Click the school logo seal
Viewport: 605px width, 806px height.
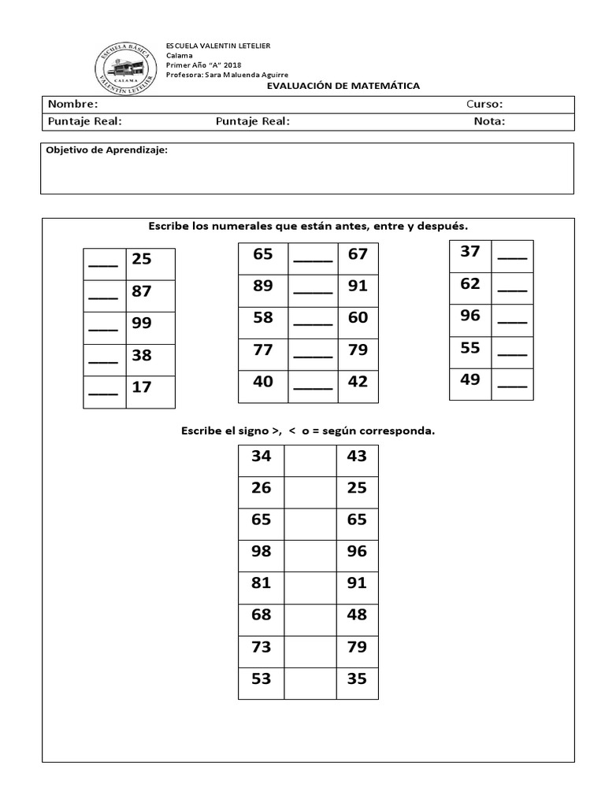click(125, 65)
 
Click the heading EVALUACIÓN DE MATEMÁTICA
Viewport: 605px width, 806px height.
click(343, 86)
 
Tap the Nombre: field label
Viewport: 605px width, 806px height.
click(72, 104)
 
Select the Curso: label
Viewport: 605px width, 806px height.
click(484, 104)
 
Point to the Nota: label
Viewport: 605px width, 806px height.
click(489, 121)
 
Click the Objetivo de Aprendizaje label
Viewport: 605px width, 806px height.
click(106, 150)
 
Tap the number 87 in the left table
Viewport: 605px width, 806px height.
click(142, 291)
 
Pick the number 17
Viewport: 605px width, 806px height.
click(142, 387)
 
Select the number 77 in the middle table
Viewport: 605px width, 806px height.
click(263, 349)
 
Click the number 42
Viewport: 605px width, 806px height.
click(358, 382)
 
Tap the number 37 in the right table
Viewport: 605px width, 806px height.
click(470, 252)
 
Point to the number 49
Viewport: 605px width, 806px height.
click(470, 380)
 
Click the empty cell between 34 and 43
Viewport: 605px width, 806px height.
click(310, 460)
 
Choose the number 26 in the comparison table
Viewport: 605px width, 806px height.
click(261, 488)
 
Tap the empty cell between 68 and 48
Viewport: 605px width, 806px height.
click(310, 619)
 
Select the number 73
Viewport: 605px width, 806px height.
click(261, 647)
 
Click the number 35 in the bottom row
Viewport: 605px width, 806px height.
click(357, 678)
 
